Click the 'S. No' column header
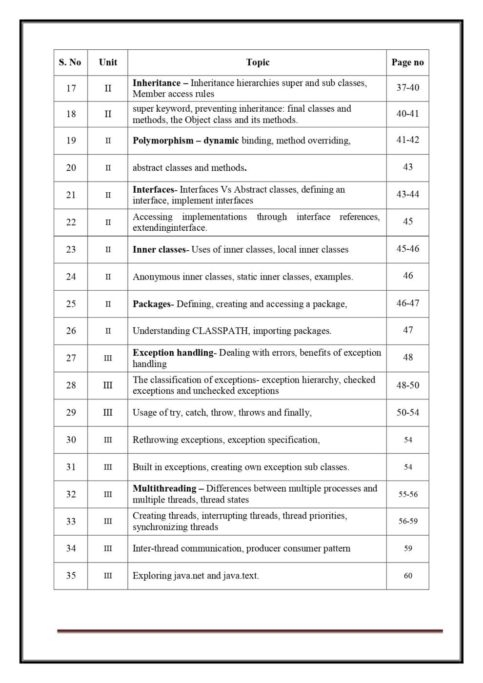pyautogui.click(x=70, y=62)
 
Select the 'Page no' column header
pyautogui.click(x=407, y=62)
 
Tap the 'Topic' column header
pyautogui.click(x=258, y=62)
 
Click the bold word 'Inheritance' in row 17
pyautogui.click(x=156, y=83)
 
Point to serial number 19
pyautogui.click(x=71, y=141)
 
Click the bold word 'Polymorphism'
pyautogui.click(x=163, y=141)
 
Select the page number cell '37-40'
pyautogui.click(x=407, y=88)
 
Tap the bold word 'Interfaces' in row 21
pyautogui.click(x=153, y=189)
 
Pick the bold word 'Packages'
pyautogui.click(x=151, y=304)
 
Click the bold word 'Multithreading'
pyautogui.click(x=164, y=488)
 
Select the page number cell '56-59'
pyautogui.click(x=407, y=521)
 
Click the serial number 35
pyautogui.click(x=71, y=576)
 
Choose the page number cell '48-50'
pyautogui.click(x=407, y=385)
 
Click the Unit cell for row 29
pyautogui.click(x=108, y=413)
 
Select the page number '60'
pyautogui.click(x=407, y=576)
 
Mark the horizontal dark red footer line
pyautogui.click(x=250, y=631)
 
